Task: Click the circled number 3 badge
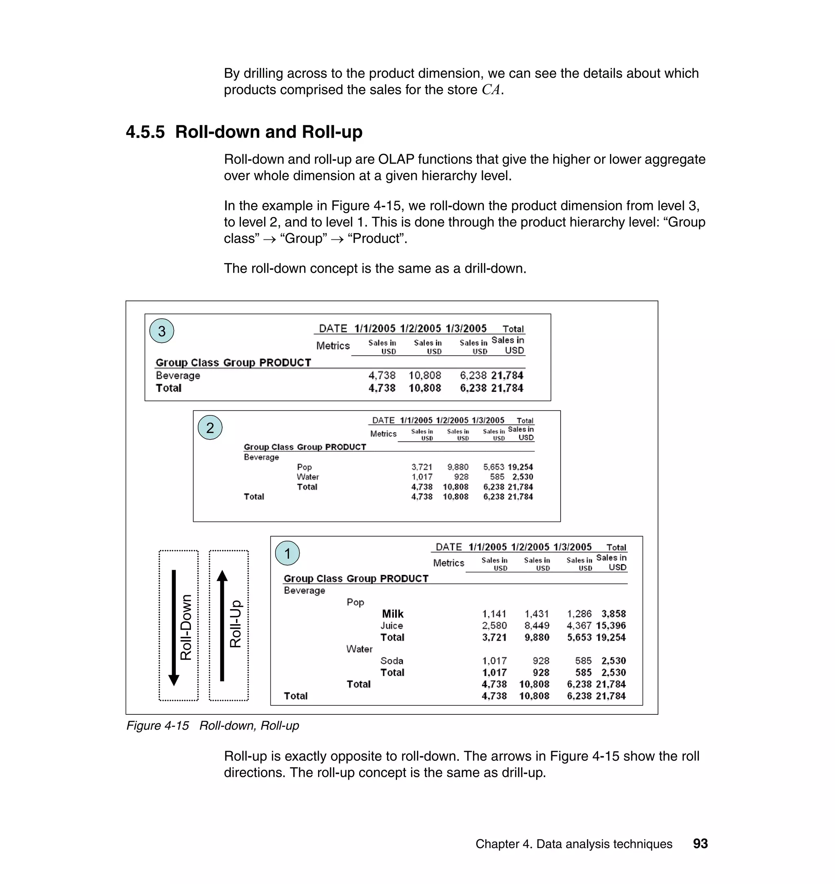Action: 161,331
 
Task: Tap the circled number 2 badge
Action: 210,427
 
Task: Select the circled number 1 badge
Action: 287,553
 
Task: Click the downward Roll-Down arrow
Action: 174,628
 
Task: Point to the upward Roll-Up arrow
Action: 222,625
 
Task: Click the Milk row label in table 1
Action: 393,614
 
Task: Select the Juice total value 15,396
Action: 611,625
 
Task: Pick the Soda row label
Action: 392,661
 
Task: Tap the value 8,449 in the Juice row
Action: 537,625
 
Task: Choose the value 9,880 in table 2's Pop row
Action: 457,467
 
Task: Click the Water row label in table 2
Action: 307,477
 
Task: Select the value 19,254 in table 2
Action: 520,467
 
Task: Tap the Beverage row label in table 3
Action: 178,375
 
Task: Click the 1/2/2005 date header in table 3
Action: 420,329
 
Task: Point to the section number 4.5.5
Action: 145,132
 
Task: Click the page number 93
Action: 700,844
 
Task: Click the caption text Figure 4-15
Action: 157,725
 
